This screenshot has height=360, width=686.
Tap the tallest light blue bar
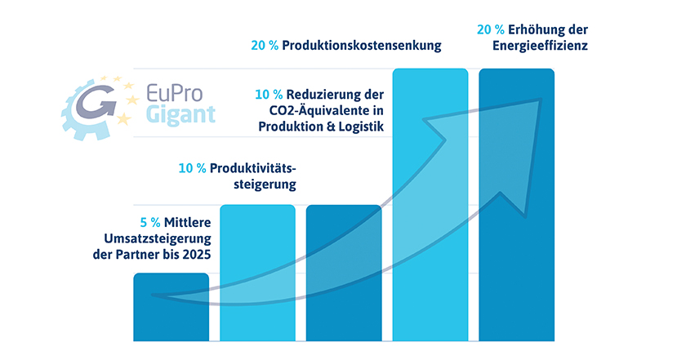point(430,204)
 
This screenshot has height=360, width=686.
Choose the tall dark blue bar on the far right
point(517,204)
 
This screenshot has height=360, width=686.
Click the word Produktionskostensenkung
point(362,47)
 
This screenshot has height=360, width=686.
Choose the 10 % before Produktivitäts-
point(193,169)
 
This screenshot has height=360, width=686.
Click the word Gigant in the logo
point(180,114)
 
